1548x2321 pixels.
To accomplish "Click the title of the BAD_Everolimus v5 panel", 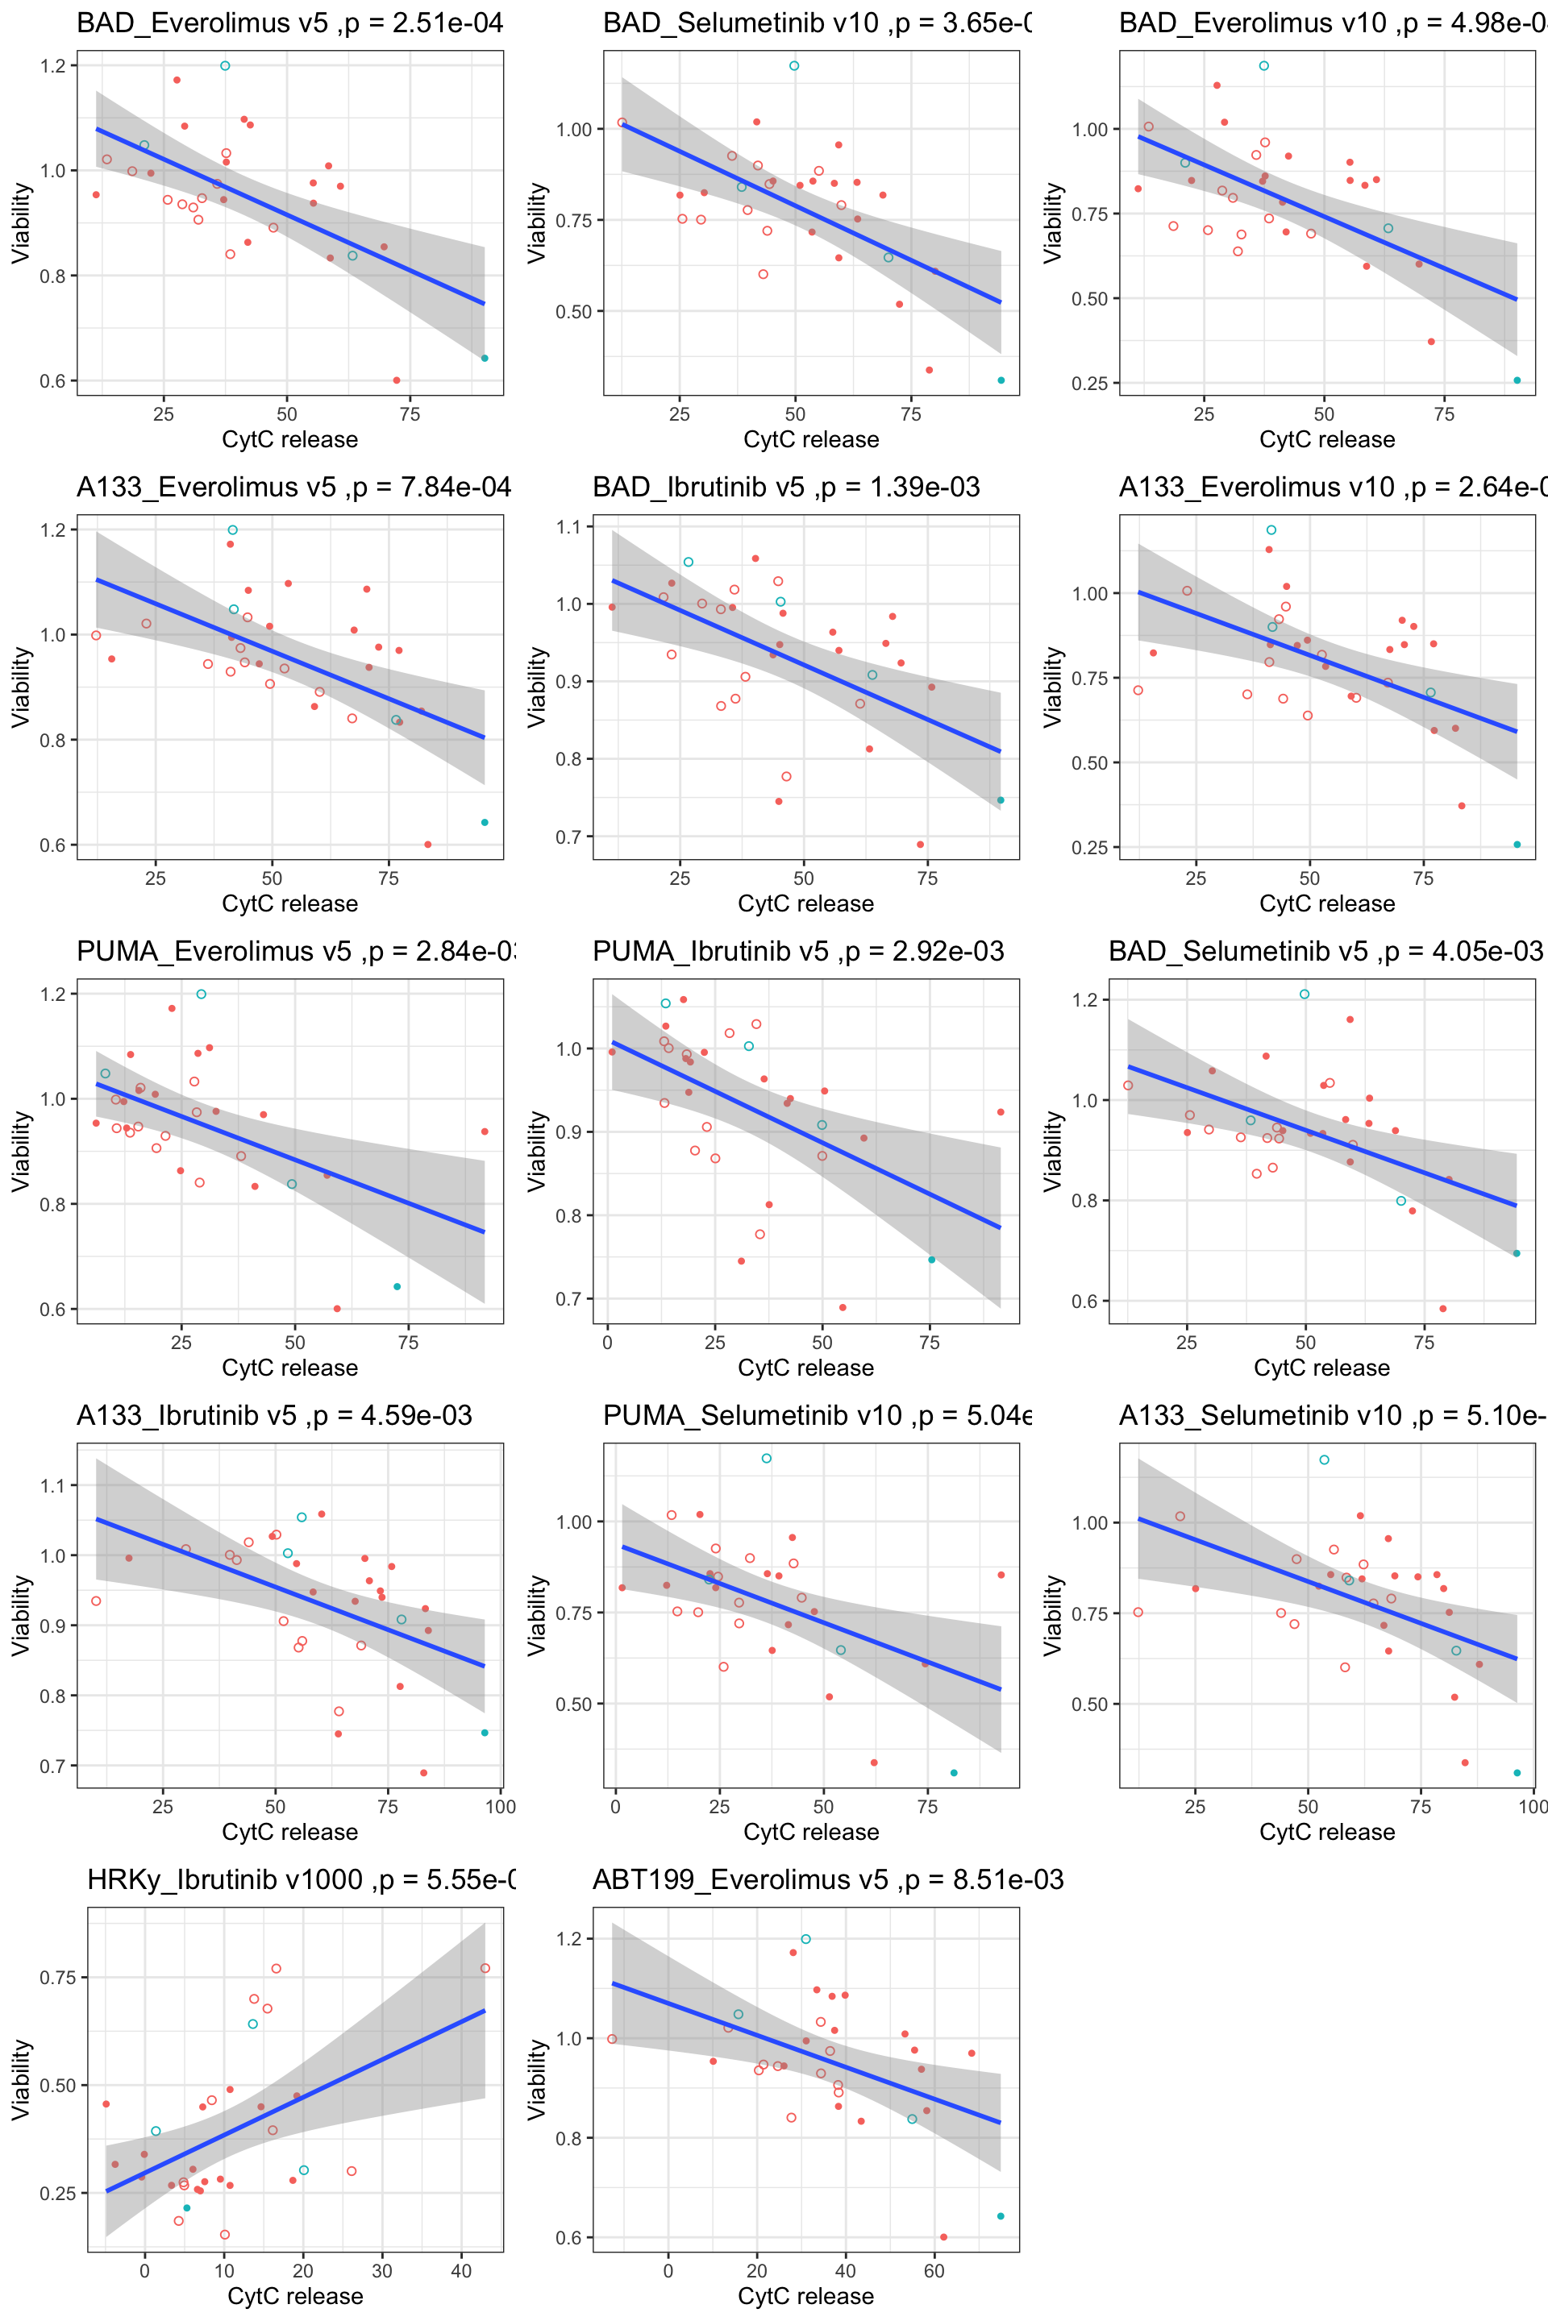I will tap(289, 23).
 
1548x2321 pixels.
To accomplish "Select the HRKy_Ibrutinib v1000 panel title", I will tap(301, 1879).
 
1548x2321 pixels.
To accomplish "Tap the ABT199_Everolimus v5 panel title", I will tap(827, 1879).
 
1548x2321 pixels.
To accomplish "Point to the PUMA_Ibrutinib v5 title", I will tap(797, 951).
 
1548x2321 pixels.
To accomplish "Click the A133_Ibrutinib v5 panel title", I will tap(274, 1415).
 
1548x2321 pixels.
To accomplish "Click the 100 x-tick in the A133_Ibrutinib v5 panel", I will tap(501, 1807).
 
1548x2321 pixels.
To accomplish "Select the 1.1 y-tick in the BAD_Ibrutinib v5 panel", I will tap(568, 527).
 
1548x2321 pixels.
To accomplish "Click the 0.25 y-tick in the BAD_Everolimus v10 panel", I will tap(1090, 384).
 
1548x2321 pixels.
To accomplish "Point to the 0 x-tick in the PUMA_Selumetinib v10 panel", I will tap(616, 1807).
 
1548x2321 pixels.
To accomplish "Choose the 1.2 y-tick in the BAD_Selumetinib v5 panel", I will tap(1084, 999).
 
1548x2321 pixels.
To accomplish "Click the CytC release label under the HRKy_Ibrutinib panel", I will tap(295, 2296).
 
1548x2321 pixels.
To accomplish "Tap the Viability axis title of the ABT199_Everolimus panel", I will tap(536, 2079).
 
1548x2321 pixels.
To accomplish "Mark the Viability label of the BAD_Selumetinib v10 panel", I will tap(536, 223).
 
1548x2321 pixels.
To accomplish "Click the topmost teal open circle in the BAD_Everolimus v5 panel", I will tap(225, 66).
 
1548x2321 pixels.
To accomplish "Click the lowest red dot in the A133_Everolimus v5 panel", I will tap(427, 845).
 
